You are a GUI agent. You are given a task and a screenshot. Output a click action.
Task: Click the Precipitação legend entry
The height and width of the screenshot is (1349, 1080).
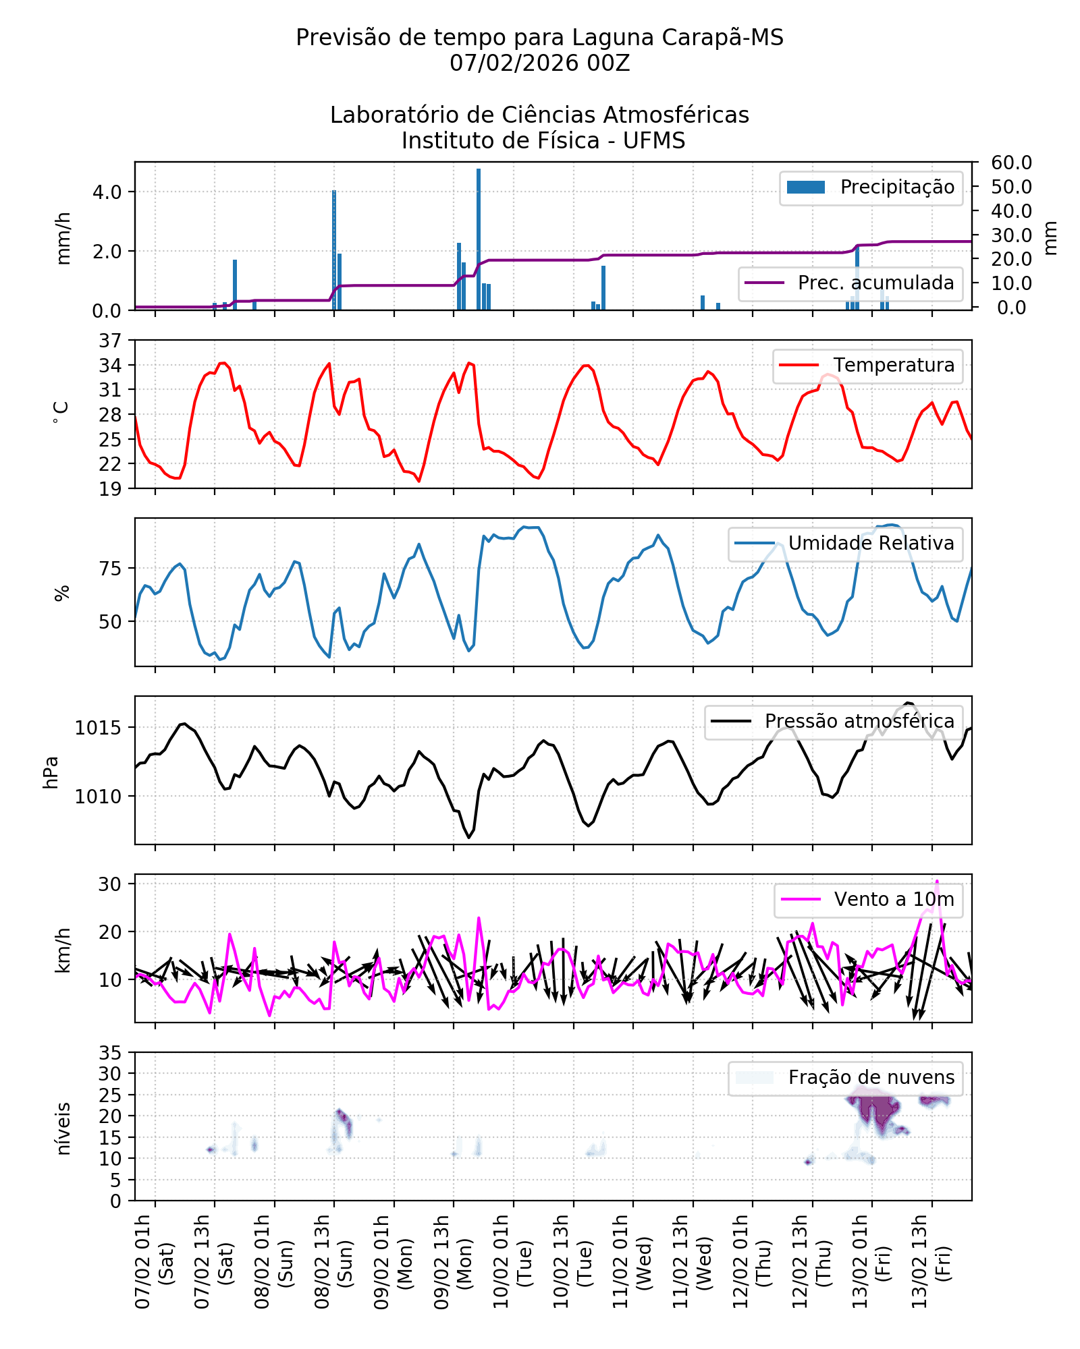point(871,188)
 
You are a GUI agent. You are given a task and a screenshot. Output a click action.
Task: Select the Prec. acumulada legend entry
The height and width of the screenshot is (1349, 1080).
point(850,283)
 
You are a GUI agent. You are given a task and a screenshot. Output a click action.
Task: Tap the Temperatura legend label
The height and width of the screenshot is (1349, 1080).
point(867,366)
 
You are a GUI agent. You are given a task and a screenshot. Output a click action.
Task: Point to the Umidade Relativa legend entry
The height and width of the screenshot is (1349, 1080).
point(844,544)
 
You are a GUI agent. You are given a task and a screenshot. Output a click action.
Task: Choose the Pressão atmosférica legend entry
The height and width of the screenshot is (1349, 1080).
point(834,721)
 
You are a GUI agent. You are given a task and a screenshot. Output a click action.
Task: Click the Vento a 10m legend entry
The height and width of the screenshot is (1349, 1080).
point(868,899)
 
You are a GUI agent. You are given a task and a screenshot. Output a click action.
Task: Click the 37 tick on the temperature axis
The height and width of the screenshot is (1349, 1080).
point(110,341)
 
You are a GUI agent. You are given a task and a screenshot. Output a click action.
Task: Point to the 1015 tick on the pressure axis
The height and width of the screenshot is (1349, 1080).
point(98,728)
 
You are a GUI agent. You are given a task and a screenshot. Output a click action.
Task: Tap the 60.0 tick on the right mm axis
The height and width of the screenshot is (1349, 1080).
point(1011,163)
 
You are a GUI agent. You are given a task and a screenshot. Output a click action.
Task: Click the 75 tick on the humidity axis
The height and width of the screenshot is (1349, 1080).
point(110,569)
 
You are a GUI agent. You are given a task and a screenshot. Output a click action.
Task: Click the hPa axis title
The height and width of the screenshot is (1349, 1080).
point(51,772)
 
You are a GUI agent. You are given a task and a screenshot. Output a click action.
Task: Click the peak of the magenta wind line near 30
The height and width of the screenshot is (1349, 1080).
point(936,881)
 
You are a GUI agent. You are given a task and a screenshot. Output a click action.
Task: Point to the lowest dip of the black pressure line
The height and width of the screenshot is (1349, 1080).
point(468,838)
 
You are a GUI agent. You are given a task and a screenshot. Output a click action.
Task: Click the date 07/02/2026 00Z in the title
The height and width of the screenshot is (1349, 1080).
point(539,63)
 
